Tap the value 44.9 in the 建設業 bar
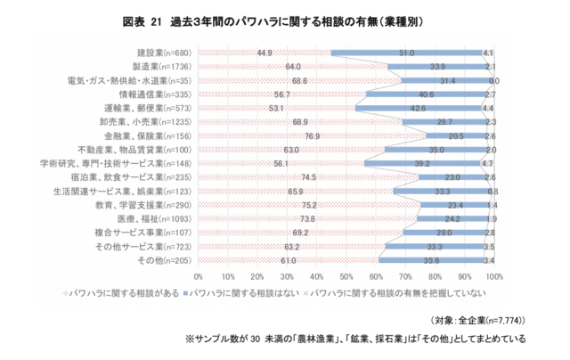(x=265, y=53)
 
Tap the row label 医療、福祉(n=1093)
(x=157, y=218)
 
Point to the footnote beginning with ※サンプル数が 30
(x=355, y=338)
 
